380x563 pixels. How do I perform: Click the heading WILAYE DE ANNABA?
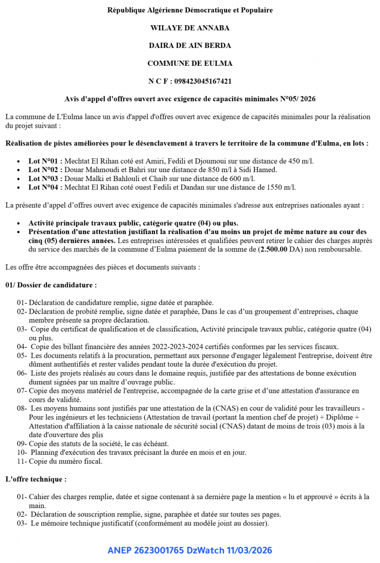pos(190,28)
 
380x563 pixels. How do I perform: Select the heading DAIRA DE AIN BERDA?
pos(190,46)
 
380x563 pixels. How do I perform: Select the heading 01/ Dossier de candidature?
pos(51,285)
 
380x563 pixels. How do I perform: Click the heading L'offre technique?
pos(36,479)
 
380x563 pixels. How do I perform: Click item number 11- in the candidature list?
pos(22,461)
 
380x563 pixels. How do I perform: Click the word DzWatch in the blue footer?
pos(203,550)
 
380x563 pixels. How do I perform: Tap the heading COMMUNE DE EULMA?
pos(190,63)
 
